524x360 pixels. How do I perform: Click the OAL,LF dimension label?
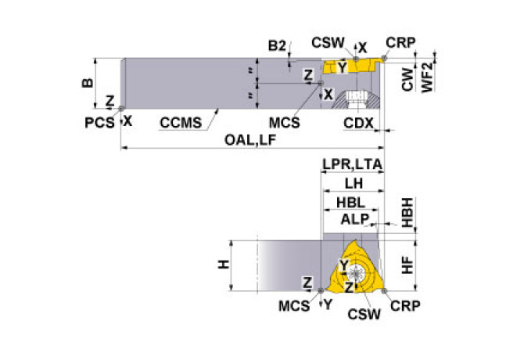(250, 140)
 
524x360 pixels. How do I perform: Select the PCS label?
(99, 123)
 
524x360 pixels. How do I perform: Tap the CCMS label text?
(181, 123)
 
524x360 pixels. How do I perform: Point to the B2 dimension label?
(277, 46)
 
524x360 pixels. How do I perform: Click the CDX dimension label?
(358, 124)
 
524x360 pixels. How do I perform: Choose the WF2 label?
(428, 77)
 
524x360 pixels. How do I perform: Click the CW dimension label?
(407, 79)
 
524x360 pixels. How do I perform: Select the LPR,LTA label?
(352, 164)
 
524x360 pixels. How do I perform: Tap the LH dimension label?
(354, 183)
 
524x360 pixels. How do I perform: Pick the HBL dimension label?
(350, 203)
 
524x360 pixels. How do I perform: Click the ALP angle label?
(354, 220)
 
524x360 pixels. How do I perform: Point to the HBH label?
(407, 213)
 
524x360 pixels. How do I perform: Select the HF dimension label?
(407, 265)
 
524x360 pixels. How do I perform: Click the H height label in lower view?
(224, 265)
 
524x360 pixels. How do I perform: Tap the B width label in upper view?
(88, 83)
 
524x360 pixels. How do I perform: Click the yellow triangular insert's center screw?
(356, 273)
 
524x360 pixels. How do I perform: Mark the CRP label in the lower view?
(405, 306)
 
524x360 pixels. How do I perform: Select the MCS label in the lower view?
(294, 306)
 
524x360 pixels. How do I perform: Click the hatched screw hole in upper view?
(356, 99)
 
